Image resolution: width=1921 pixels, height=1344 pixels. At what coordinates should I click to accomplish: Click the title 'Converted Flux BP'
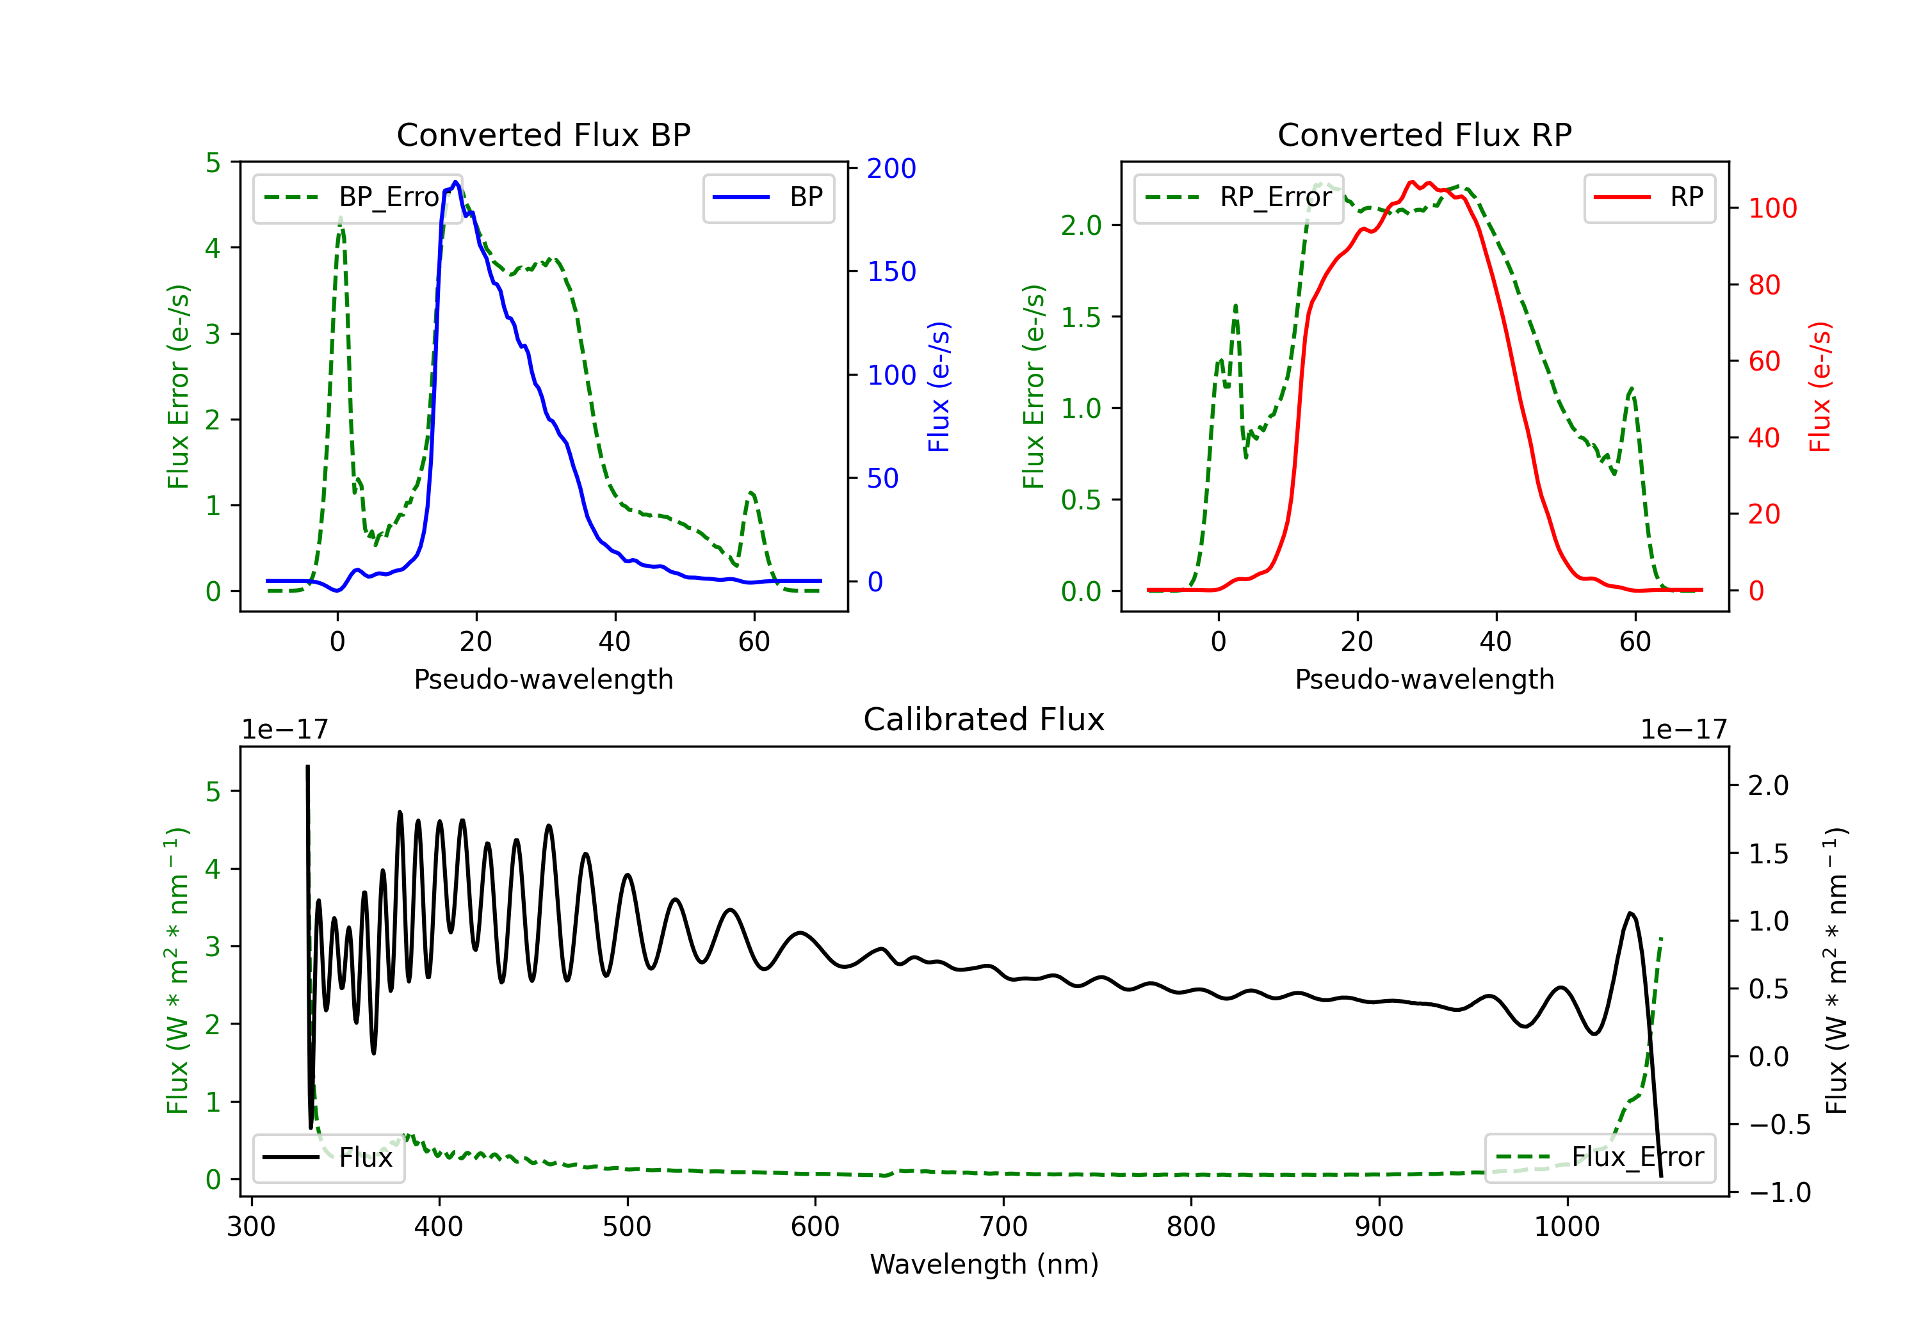[543, 134]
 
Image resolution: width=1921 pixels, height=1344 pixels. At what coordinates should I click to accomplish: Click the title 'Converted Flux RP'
[1424, 134]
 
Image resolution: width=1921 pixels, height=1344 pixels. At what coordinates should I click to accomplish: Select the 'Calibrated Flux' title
[984, 719]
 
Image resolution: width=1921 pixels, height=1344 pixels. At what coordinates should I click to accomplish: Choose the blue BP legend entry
[768, 197]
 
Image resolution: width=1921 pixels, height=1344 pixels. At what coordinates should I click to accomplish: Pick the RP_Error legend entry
[1238, 197]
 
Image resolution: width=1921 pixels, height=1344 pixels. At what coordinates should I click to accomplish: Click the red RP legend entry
[1649, 197]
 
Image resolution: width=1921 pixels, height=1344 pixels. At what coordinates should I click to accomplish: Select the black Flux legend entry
[328, 1158]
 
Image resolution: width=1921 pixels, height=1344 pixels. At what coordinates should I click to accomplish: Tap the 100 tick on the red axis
[1772, 208]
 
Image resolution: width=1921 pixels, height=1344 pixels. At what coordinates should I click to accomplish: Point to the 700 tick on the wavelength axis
[1003, 1226]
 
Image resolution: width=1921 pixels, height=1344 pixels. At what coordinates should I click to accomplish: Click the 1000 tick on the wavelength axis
[1567, 1226]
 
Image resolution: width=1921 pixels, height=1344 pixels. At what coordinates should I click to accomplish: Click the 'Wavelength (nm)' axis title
[984, 1264]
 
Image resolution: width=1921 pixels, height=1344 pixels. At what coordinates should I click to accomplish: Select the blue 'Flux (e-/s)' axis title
[939, 387]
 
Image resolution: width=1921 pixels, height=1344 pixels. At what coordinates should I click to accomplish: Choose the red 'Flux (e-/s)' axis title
[1820, 387]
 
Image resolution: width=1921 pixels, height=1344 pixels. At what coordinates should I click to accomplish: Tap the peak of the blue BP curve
[455, 182]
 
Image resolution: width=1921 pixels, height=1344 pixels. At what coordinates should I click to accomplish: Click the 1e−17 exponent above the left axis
[286, 730]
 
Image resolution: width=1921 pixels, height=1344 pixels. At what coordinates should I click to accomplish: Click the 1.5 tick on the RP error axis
[1081, 317]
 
